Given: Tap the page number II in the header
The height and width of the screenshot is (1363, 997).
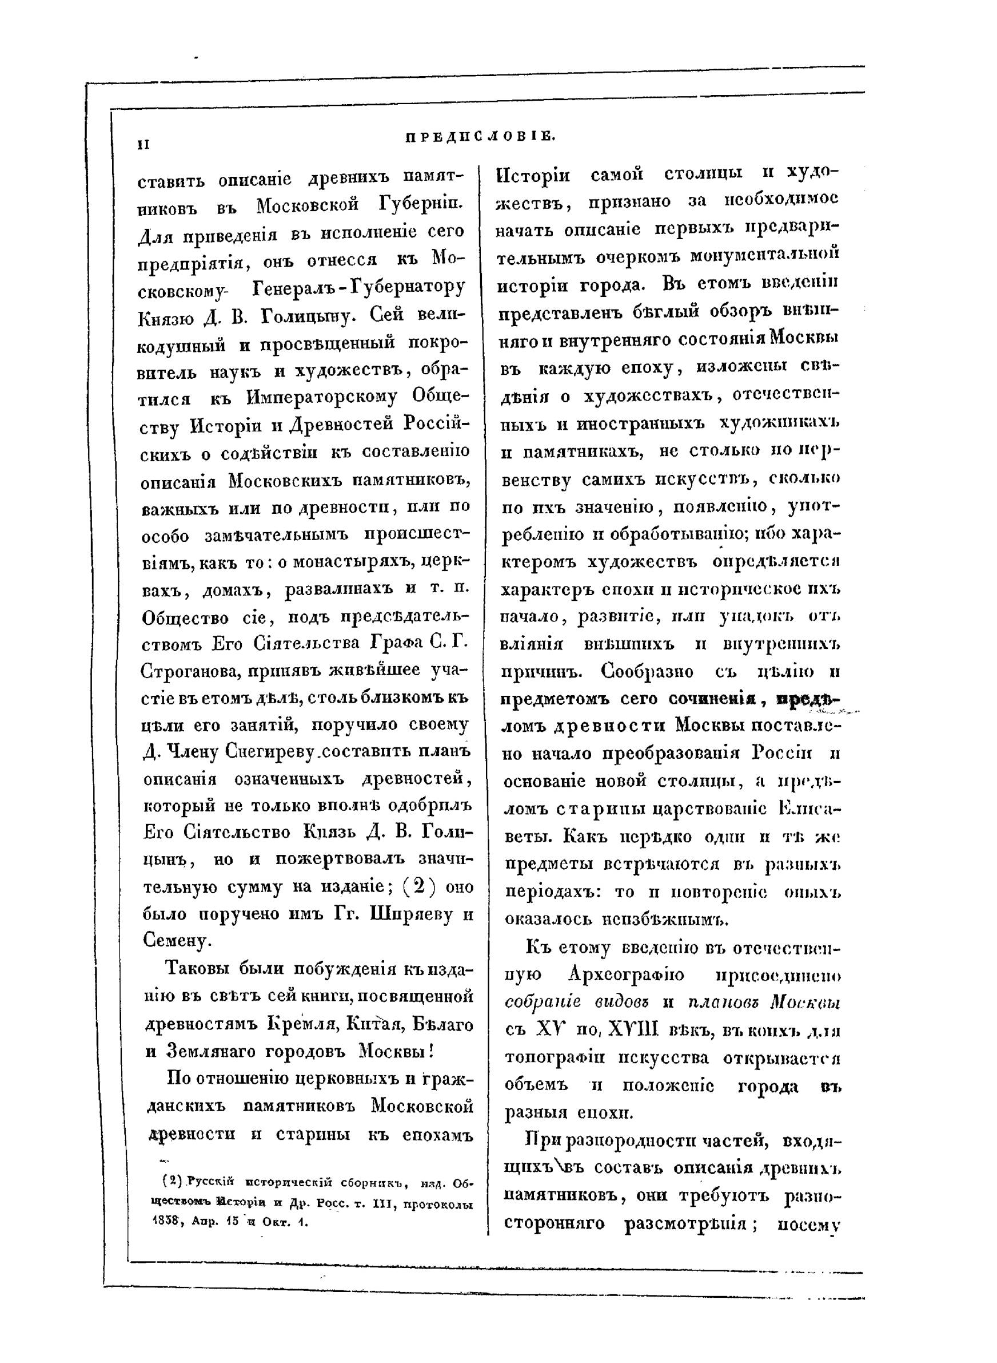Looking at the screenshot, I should [143, 145].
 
